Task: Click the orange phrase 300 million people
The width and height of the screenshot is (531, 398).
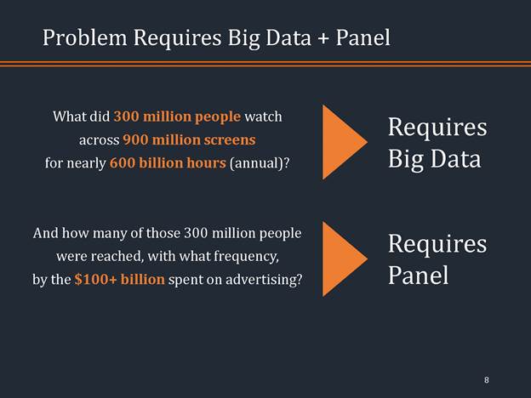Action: coord(178,116)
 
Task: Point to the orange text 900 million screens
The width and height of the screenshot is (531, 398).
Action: coord(189,139)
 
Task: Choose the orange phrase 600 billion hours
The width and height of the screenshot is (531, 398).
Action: coord(168,162)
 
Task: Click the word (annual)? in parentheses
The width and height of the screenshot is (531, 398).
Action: coord(259,162)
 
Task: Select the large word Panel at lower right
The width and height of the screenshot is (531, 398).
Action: coord(418,276)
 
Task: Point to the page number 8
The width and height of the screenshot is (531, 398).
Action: coord(486,379)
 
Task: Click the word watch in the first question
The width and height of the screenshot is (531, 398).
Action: coord(263,116)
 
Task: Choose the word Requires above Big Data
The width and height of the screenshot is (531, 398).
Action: coord(437,128)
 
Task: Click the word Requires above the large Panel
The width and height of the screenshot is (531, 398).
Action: coord(437,244)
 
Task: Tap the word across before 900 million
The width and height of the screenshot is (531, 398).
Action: coord(98,139)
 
